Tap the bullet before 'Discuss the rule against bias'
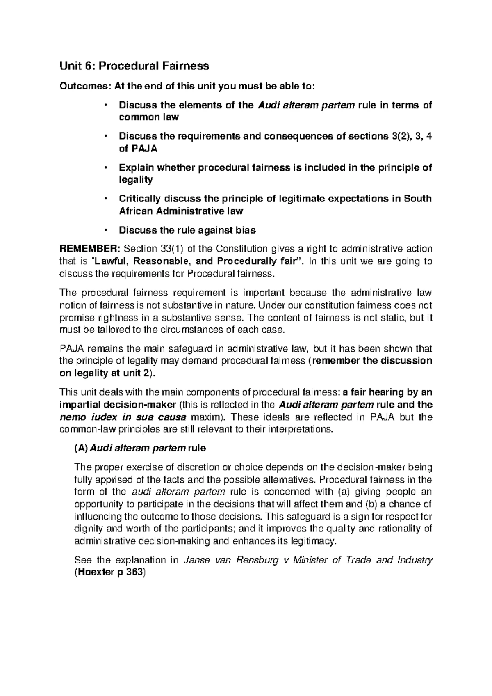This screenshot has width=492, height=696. (x=106, y=230)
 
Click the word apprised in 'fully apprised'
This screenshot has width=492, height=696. (x=115, y=479)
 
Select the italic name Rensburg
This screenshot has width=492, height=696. (x=255, y=560)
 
